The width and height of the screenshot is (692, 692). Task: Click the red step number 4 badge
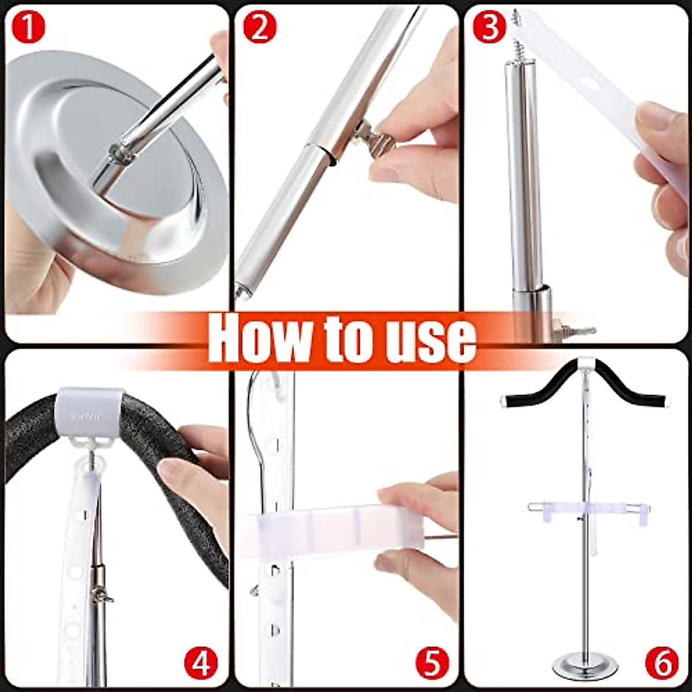(x=201, y=663)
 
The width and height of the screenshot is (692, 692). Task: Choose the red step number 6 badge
(x=661, y=663)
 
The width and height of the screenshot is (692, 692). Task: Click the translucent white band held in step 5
(x=323, y=528)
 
